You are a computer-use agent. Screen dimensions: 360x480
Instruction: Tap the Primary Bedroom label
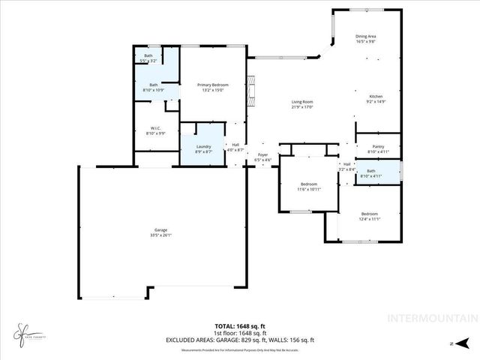point(213,85)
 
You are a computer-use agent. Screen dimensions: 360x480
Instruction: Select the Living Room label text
point(302,102)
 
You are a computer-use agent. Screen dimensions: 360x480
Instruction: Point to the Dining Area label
point(365,37)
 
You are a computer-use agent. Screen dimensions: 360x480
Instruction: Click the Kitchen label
point(376,97)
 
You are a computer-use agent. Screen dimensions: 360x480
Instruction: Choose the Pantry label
point(378,147)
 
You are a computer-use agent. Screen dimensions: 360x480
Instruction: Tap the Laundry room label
point(203,146)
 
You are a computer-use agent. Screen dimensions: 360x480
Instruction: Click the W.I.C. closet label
point(156,128)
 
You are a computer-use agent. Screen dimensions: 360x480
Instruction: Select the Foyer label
point(262,156)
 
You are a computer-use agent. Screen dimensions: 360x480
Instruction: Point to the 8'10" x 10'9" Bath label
point(153,85)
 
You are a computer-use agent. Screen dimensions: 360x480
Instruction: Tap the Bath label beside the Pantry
point(370,172)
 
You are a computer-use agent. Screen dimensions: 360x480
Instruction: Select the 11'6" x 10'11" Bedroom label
point(309,184)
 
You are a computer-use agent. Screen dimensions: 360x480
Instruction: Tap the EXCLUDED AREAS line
point(239,340)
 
